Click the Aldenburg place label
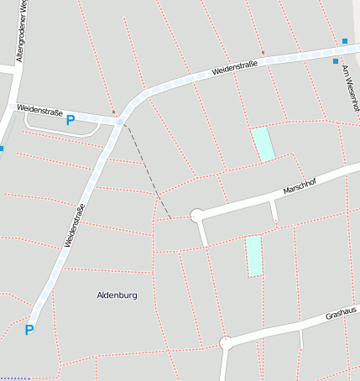tap(117, 295)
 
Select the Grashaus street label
tap(340, 315)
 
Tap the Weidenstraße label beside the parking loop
tap(42, 109)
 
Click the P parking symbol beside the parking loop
tap(70, 121)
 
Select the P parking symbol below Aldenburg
tap(29, 330)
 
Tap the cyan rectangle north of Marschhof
tap(263, 144)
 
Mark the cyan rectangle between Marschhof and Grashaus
tap(253, 256)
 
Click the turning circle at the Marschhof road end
tap(196, 216)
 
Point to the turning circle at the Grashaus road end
tap(225, 342)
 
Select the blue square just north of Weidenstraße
tap(344, 40)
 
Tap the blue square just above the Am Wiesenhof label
tap(336, 61)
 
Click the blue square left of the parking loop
tap(1, 149)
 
